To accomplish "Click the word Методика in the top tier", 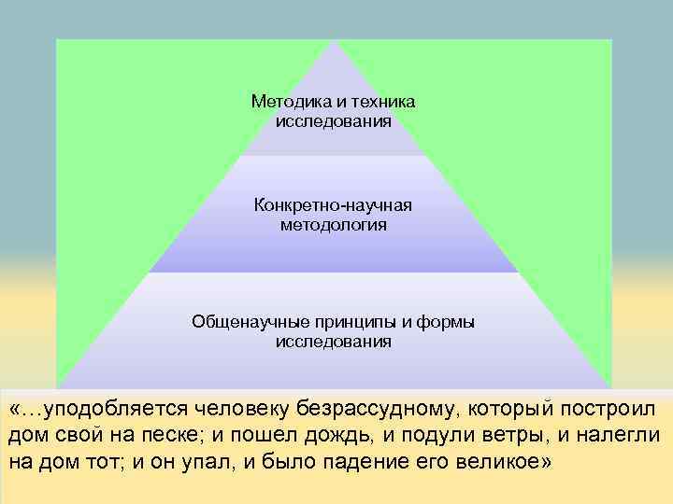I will (x=282, y=101).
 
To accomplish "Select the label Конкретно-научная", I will (x=333, y=204).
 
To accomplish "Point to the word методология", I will (x=333, y=225).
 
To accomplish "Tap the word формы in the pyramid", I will (x=445, y=321).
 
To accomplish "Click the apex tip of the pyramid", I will (x=334, y=42).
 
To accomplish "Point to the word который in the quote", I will (x=518, y=409).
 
